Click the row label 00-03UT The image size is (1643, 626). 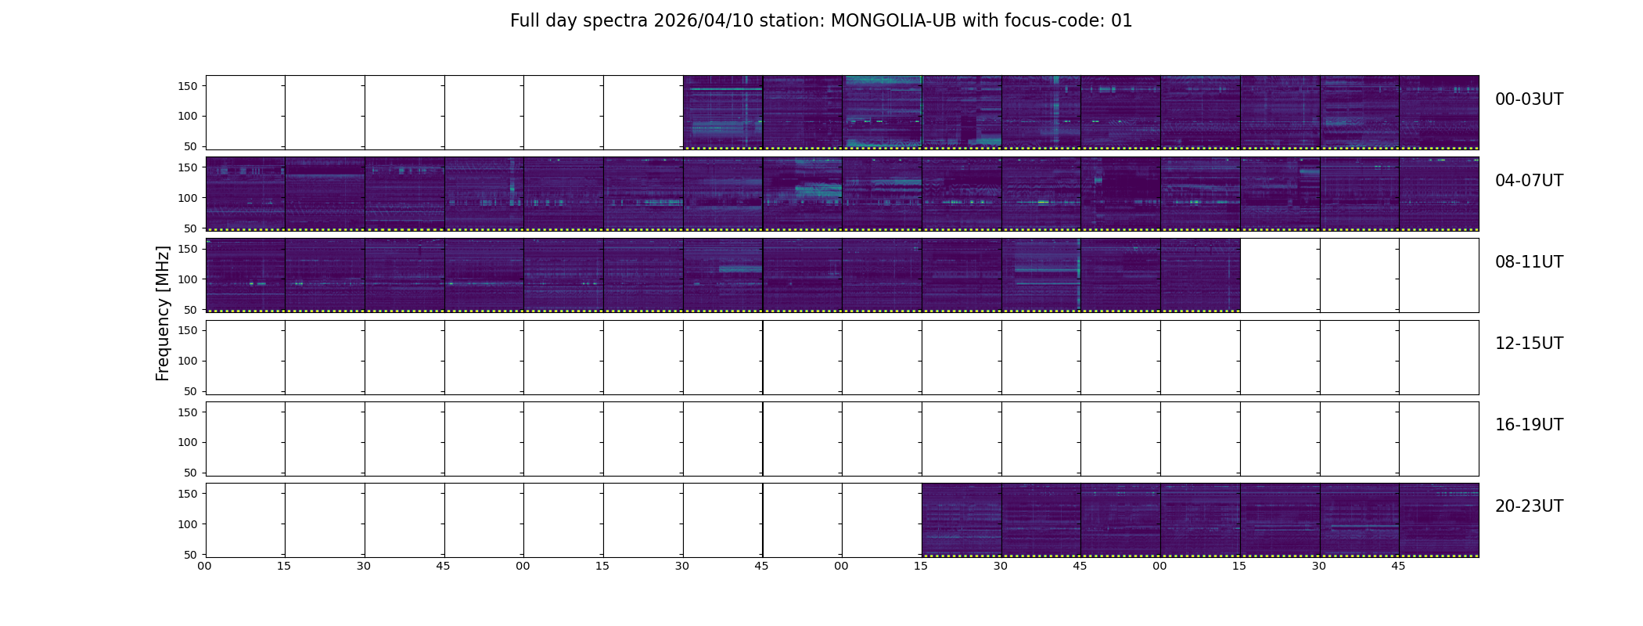click(x=1529, y=99)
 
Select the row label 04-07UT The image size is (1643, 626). click(x=1529, y=181)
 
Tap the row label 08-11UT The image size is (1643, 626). click(x=1529, y=262)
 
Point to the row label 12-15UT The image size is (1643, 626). click(x=1529, y=344)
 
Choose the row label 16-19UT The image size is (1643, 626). click(x=1529, y=425)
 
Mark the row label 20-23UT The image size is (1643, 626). click(x=1529, y=506)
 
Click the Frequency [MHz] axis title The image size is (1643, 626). click(x=163, y=313)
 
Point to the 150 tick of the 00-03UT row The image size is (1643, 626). click(x=188, y=86)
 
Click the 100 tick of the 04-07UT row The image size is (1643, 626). click(x=188, y=198)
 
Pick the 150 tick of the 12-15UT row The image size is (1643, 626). click(x=188, y=330)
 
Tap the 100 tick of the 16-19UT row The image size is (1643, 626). click(x=188, y=442)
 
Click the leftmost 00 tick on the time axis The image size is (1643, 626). click(x=204, y=566)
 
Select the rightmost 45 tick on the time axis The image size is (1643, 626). click(x=1398, y=566)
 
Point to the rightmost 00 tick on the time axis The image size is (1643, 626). click(x=1159, y=566)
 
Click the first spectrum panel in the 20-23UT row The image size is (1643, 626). click(x=962, y=520)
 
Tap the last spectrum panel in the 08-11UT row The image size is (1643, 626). click(x=1200, y=275)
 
